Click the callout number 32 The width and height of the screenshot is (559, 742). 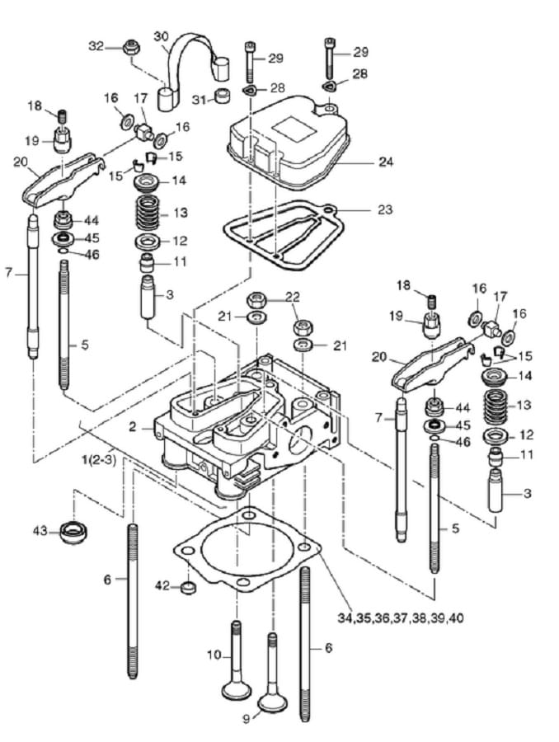(96, 46)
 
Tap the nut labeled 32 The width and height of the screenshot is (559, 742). (129, 47)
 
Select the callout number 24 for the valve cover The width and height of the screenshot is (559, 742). (386, 162)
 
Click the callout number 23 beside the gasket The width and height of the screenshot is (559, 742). (385, 209)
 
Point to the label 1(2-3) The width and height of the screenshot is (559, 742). (98, 459)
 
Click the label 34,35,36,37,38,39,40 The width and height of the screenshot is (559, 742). (401, 618)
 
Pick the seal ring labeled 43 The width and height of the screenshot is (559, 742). (74, 532)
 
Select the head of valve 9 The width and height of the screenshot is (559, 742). (272, 703)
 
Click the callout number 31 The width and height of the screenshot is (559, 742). (200, 100)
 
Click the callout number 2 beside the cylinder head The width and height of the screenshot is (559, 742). (133, 427)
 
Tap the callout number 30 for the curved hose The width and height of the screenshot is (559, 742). (161, 36)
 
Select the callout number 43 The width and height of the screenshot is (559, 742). (40, 531)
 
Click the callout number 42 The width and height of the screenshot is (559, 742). (162, 586)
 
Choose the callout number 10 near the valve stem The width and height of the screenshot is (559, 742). (214, 655)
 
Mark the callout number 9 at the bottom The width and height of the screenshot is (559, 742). (247, 732)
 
